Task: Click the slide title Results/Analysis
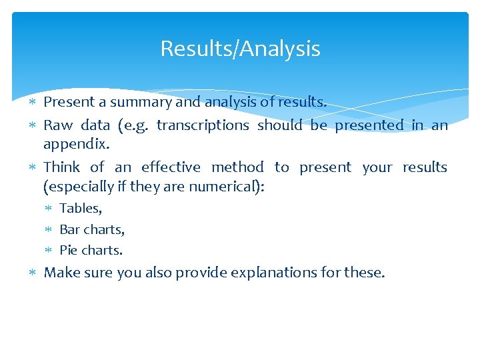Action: (240, 49)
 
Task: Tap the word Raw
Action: (58, 125)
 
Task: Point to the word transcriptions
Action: (203, 125)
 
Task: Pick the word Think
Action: (62, 167)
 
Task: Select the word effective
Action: (171, 167)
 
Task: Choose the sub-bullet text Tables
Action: (81, 209)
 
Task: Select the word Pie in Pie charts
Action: (69, 251)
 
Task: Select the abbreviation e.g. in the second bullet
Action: (135, 125)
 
